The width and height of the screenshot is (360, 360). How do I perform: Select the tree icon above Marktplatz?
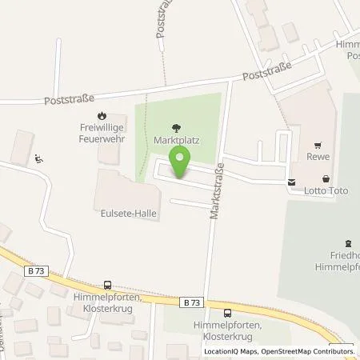tap(177, 126)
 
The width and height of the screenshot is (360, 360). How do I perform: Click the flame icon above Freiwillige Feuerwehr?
tap(102, 114)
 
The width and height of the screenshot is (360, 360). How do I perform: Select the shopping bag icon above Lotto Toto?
tap(325, 179)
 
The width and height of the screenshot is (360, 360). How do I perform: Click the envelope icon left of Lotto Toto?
tap(290, 181)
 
